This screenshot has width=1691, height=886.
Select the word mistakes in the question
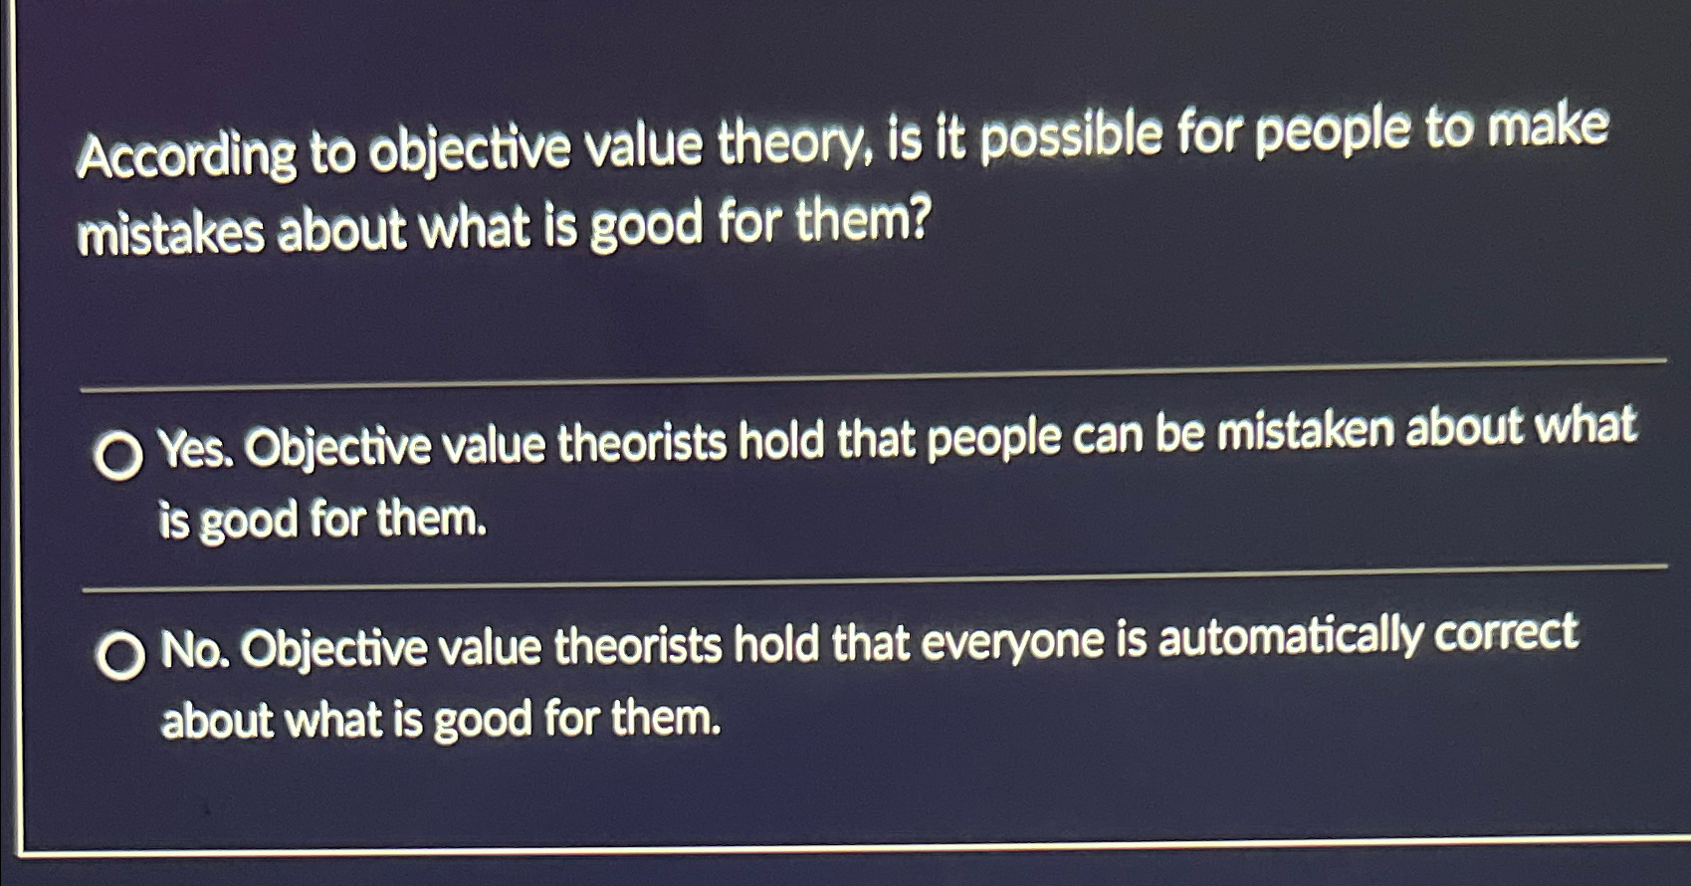(x=170, y=233)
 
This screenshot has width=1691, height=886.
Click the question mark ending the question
(x=917, y=221)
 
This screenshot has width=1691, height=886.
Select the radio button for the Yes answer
(x=118, y=456)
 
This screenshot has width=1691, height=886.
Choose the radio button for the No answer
(x=121, y=657)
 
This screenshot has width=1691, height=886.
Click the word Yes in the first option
(x=196, y=450)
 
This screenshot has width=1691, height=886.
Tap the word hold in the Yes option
(x=780, y=440)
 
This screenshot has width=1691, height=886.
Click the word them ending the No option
(x=665, y=717)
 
